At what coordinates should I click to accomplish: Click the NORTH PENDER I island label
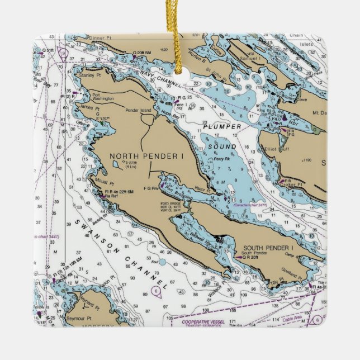tap(146, 156)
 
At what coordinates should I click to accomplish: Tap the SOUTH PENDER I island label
tap(267, 248)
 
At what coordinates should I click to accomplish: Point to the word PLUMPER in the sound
tap(222, 127)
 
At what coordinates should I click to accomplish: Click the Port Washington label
tap(103, 96)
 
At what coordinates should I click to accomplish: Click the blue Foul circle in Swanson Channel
tap(162, 261)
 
